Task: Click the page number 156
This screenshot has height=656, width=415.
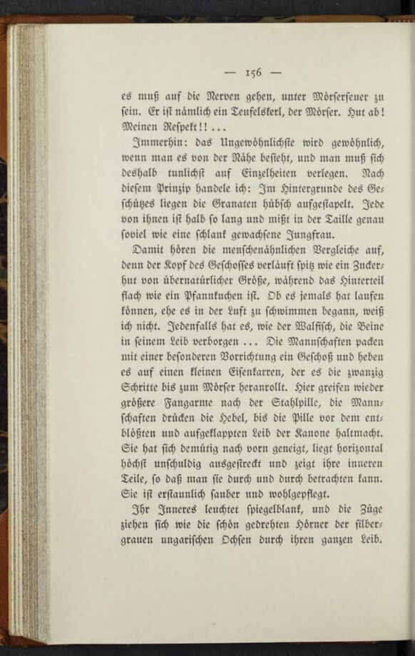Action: pos(254,71)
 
